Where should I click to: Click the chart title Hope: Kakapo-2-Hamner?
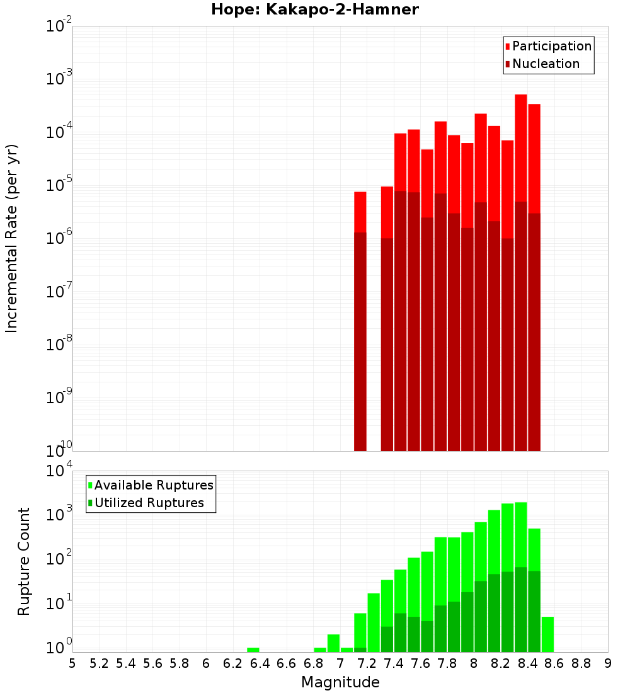(314, 9)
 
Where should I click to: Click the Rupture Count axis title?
(24, 561)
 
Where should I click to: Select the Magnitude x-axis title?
(340, 682)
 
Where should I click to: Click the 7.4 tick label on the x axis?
(394, 663)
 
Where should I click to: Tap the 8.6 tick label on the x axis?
(554, 663)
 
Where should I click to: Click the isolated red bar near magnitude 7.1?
(360, 315)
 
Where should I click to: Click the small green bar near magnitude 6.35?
(253, 650)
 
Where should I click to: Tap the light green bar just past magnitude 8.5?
(547, 634)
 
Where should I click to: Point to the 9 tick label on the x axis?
(607, 663)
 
